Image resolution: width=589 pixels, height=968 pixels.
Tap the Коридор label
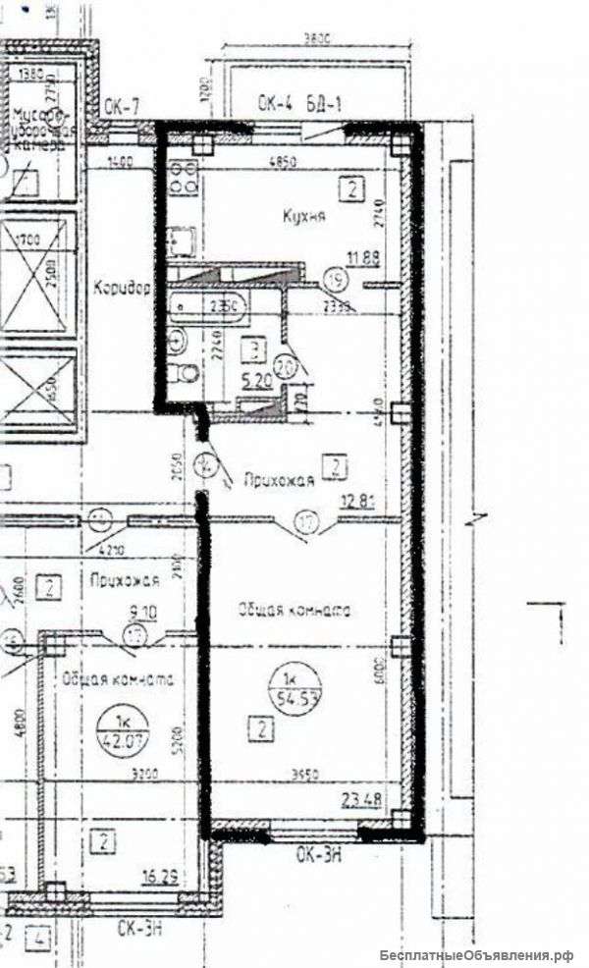(121, 291)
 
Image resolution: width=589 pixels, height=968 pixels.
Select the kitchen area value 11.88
(361, 260)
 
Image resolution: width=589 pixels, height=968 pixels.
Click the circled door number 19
(337, 280)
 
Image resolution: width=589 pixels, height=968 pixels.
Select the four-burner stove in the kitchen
(183, 177)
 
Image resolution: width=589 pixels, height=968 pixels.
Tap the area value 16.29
(159, 877)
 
